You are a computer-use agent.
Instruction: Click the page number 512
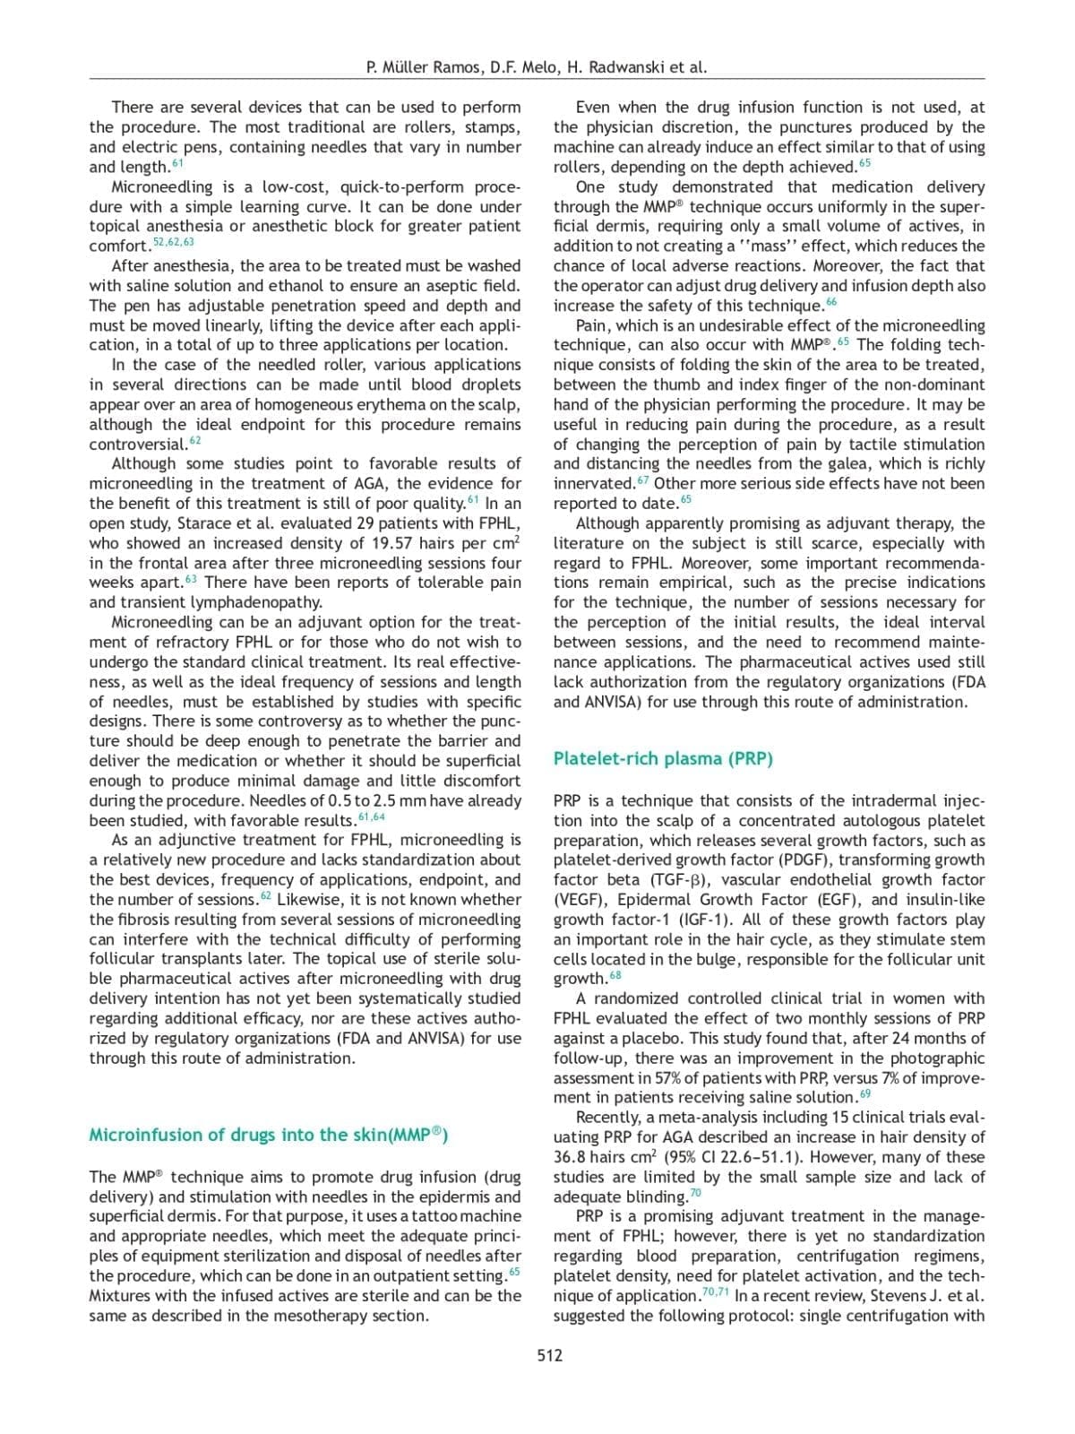tap(550, 1355)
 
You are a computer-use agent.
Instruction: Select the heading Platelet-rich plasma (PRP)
tap(663, 758)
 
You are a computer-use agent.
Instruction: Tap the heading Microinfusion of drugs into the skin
tap(268, 1135)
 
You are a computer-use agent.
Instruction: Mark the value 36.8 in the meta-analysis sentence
tap(572, 1157)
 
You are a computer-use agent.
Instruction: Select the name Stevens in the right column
tap(901, 1296)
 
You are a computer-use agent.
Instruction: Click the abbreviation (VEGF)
tap(581, 900)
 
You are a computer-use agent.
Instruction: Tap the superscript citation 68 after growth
tap(615, 976)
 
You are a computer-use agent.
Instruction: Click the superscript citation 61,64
tap(371, 817)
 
